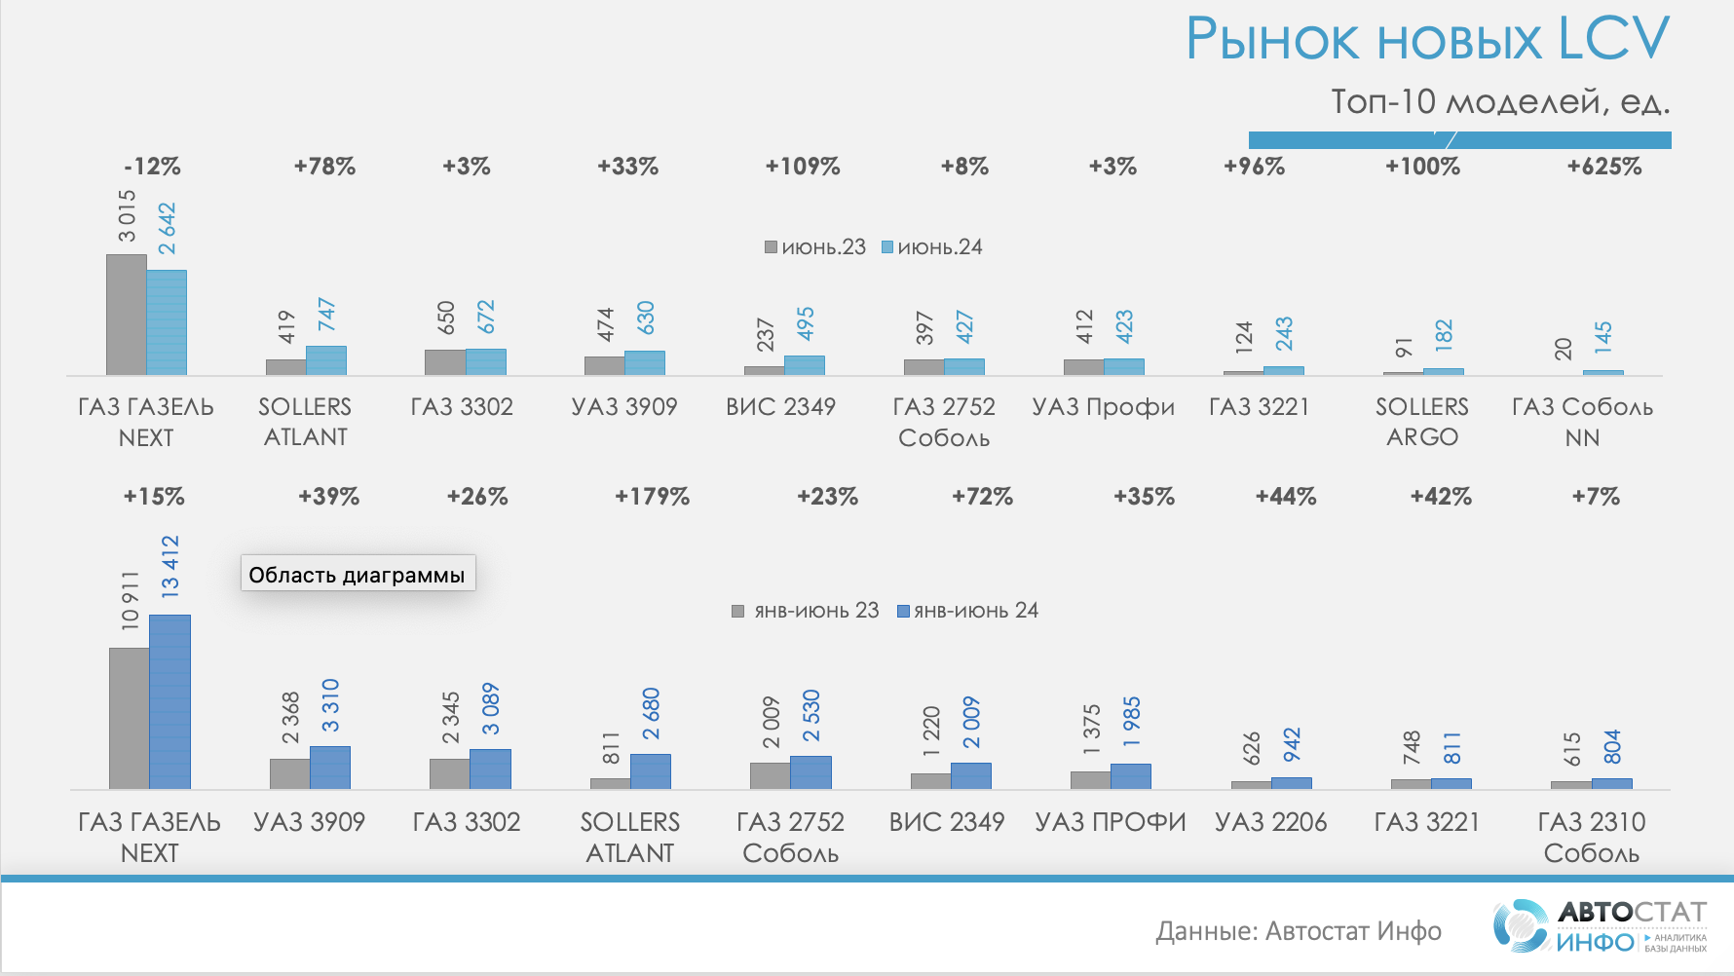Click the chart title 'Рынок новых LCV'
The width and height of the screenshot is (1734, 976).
pyautogui.click(x=1427, y=40)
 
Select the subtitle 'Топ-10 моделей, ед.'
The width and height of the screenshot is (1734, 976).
pyautogui.click(x=1500, y=101)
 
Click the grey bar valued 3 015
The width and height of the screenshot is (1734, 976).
pyautogui.click(x=126, y=315)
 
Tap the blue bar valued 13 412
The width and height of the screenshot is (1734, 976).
pyautogui.click(x=170, y=701)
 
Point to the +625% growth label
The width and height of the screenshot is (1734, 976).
pyautogui.click(x=1603, y=167)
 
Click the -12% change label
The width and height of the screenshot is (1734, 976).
pyautogui.click(x=153, y=167)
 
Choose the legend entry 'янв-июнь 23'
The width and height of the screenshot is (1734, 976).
pyautogui.click(x=806, y=611)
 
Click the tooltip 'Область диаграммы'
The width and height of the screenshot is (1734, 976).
pyautogui.click(x=358, y=574)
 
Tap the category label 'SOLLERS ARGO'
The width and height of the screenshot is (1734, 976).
pyautogui.click(x=1421, y=422)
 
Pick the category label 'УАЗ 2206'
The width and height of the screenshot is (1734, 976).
pyautogui.click(x=1270, y=823)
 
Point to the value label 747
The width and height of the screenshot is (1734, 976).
pyautogui.click(x=326, y=316)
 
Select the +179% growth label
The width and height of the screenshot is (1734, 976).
pyautogui.click(x=652, y=497)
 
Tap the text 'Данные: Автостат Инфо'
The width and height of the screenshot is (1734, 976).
pyautogui.click(x=1298, y=932)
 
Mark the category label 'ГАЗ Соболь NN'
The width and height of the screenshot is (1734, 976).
pyautogui.click(x=1582, y=422)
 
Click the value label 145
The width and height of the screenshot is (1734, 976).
pyautogui.click(x=1603, y=337)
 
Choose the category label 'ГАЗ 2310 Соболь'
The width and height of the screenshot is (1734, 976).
pyautogui.click(x=1591, y=838)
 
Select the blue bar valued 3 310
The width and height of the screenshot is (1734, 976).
pyautogui.click(x=330, y=768)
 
